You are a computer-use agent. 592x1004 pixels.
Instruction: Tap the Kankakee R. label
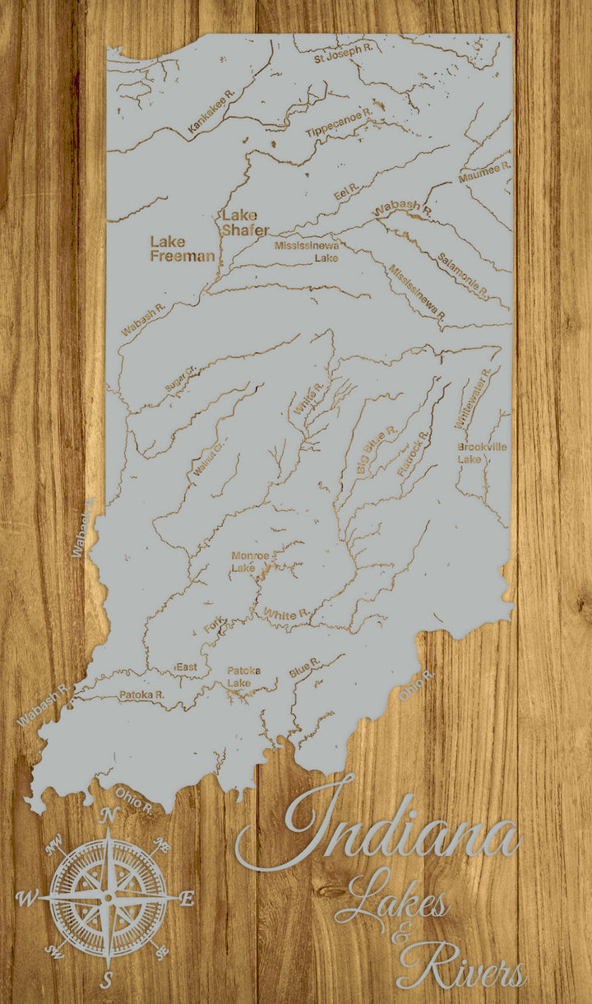(211, 111)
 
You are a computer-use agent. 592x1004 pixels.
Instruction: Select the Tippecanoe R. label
(340, 122)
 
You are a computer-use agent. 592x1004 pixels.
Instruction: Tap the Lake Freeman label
(182, 249)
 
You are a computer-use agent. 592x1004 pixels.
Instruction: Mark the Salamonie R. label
(463, 275)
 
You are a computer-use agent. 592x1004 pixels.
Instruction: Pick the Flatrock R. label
(413, 453)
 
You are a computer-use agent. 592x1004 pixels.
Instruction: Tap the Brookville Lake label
(483, 452)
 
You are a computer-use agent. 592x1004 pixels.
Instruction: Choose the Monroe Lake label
(250, 561)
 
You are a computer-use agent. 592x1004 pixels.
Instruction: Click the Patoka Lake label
(243, 676)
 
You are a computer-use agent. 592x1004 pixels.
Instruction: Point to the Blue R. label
(304, 667)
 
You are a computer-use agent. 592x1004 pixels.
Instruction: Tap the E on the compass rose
(187, 899)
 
